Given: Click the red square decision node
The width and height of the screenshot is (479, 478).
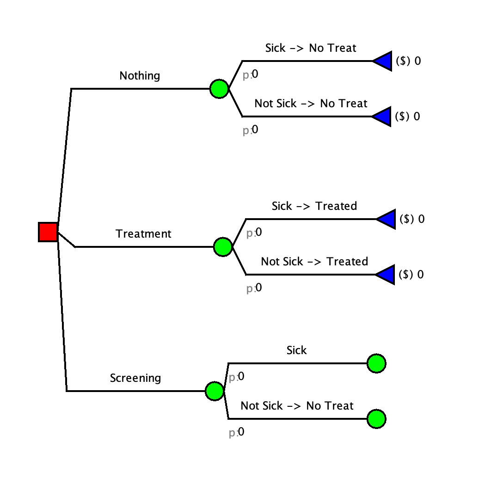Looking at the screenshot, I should tap(48, 232).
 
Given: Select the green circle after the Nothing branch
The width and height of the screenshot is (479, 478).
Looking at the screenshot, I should tap(219, 88).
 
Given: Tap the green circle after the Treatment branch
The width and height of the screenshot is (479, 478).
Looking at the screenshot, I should tap(223, 246).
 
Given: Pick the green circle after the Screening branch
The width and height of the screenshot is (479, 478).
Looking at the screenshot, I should tap(215, 391).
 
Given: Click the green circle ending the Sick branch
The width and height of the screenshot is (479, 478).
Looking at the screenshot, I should tap(376, 363).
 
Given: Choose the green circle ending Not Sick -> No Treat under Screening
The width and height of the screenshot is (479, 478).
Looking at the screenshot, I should tap(376, 419).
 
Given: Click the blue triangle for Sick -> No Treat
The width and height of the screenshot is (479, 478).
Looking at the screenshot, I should tap(384, 61).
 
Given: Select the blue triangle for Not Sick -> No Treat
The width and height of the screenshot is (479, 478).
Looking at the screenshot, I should tap(384, 116).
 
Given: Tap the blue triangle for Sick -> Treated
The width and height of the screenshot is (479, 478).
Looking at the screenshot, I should tap(387, 219).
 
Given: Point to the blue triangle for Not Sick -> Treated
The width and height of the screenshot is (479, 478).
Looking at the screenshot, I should tap(387, 275).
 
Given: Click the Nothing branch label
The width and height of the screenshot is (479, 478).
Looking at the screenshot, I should tap(140, 76).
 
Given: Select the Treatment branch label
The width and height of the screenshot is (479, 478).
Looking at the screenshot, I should tap(143, 234).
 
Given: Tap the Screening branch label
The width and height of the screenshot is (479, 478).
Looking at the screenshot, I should tap(135, 378).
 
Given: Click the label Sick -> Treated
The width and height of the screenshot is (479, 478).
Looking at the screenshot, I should tap(314, 206).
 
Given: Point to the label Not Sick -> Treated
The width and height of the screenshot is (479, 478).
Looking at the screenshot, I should tap(314, 262).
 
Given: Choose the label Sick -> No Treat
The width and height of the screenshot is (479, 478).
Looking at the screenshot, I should tap(311, 48).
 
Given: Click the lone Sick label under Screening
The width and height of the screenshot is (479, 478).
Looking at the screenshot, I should tap(296, 350).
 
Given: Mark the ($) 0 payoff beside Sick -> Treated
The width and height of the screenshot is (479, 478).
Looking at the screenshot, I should tap(411, 219).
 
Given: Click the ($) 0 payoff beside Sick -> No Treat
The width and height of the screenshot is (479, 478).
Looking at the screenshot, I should tap(408, 61).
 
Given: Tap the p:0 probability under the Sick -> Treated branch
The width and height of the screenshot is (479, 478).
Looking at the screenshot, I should tap(254, 233).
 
